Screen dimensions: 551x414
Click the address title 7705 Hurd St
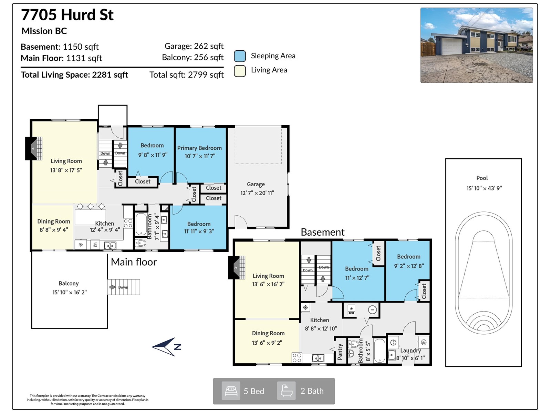[x=67, y=14]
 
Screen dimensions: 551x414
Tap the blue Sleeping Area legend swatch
[x=240, y=56]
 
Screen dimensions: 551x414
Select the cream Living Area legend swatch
[x=240, y=71]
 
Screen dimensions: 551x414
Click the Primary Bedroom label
[x=199, y=148]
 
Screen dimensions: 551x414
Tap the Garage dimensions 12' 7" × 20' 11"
[x=257, y=193]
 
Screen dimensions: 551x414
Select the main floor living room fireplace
[x=33, y=148]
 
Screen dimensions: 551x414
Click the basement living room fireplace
[x=236, y=267]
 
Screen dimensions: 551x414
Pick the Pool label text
[x=482, y=178]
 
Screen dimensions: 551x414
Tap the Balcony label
[x=69, y=284]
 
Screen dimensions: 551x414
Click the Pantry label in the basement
[x=340, y=352]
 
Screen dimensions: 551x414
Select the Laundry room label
[x=410, y=351]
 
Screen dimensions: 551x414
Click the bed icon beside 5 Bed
[x=231, y=391]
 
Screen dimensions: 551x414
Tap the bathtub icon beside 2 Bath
[x=286, y=391]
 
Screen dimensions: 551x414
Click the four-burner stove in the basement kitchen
[x=297, y=358]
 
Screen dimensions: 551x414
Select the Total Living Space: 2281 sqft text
[x=74, y=75]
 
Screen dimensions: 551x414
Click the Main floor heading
[x=134, y=262]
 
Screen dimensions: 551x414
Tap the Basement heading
[x=323, y=232]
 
